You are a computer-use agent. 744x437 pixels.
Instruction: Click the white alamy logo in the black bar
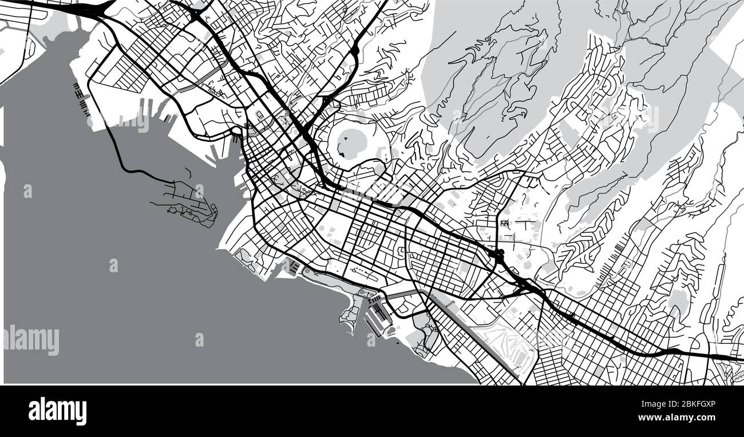pos(57,411)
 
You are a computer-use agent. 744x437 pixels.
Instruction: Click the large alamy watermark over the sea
pos(31,340)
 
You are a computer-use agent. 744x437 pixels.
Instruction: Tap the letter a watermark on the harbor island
pos(199,192)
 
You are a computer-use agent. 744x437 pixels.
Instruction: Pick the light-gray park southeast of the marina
pos(426,337)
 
